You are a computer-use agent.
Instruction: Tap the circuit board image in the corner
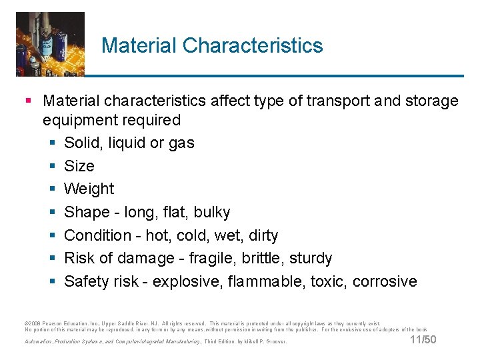tap(50, 43)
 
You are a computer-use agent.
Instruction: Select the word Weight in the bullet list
tap(89, 189)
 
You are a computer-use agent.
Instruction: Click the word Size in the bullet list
tap(79, 166)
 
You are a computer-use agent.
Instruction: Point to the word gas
tap(181, 143)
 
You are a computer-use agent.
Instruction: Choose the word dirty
tap(262, 235)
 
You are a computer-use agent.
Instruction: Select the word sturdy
tap(311, 258)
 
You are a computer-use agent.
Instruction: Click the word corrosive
tap(385, 281)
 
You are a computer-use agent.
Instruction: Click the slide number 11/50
tap(423, 341)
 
